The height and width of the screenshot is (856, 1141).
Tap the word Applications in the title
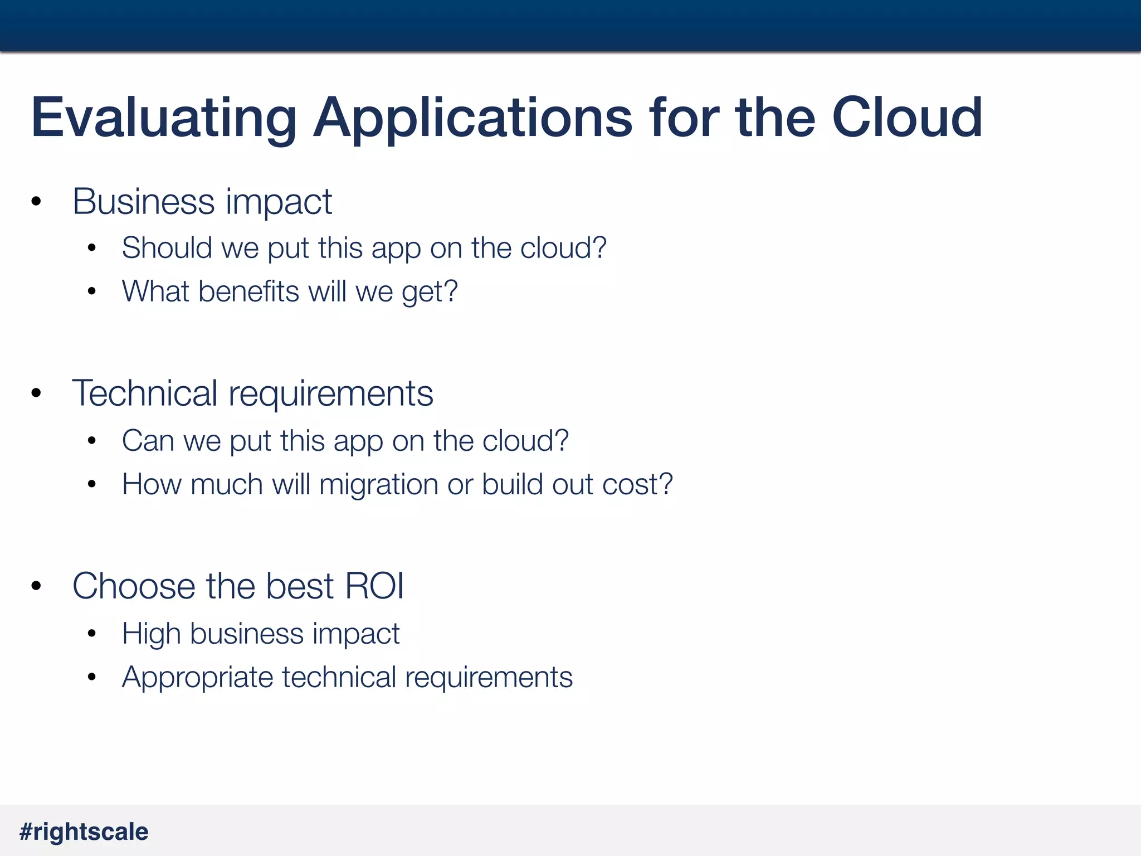pos(472,118)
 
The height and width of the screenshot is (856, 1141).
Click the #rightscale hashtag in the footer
pos(84,831)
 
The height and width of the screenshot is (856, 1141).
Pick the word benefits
pos(249,291)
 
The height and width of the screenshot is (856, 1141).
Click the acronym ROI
pos(375,586)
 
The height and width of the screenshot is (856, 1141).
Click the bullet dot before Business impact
pos(37,201)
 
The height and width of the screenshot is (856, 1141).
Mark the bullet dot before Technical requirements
pos(37,393)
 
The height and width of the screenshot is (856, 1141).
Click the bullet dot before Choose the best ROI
pos(37,586)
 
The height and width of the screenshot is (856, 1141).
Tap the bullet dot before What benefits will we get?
pos(92,291)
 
